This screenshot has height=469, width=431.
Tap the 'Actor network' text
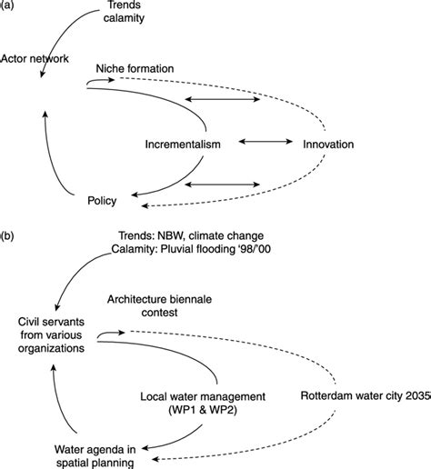pos(35,59)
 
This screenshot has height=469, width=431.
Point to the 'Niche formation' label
pos(147,68)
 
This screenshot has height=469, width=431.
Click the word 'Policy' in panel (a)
pos(101,199)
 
